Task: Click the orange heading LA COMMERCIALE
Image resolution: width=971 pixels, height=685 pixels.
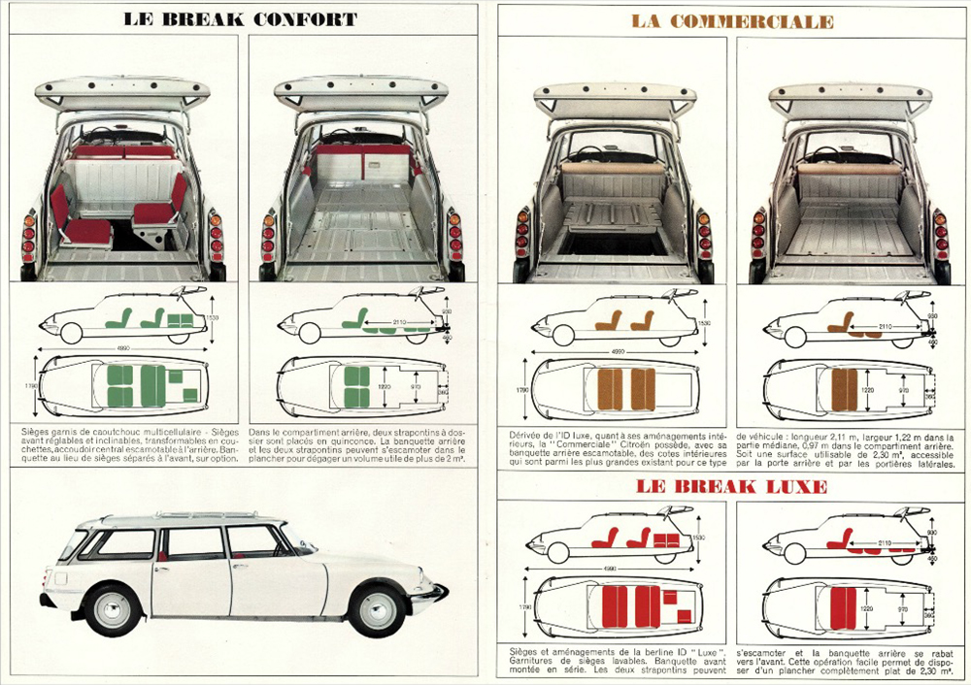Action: pos(732,20)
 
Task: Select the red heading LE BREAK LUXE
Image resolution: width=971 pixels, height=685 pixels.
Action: pos(732,486)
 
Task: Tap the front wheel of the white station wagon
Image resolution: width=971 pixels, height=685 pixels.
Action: pos(376,608)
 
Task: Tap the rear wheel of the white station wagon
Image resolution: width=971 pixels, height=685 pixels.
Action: pos(114,608)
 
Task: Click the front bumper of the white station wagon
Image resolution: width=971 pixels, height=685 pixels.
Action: pos(434,593)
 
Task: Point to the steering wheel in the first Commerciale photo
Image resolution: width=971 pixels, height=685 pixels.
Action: pos(582,155)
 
